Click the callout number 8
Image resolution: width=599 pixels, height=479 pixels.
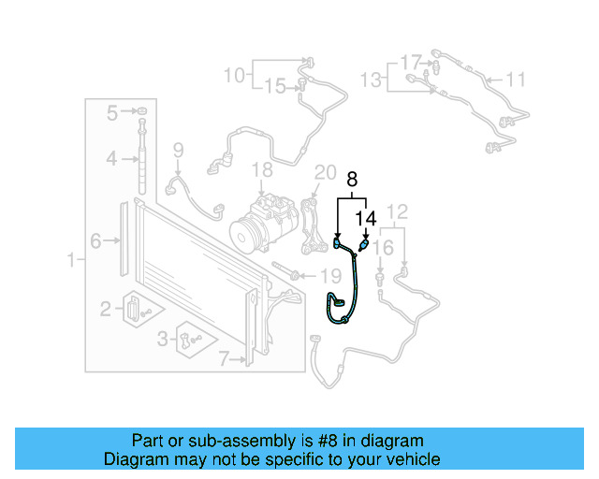(353, 177)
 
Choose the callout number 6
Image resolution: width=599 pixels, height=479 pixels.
(95, 240)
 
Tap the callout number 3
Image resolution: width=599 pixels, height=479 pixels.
(163, 338)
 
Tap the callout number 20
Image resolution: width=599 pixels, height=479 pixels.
(325, 172)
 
